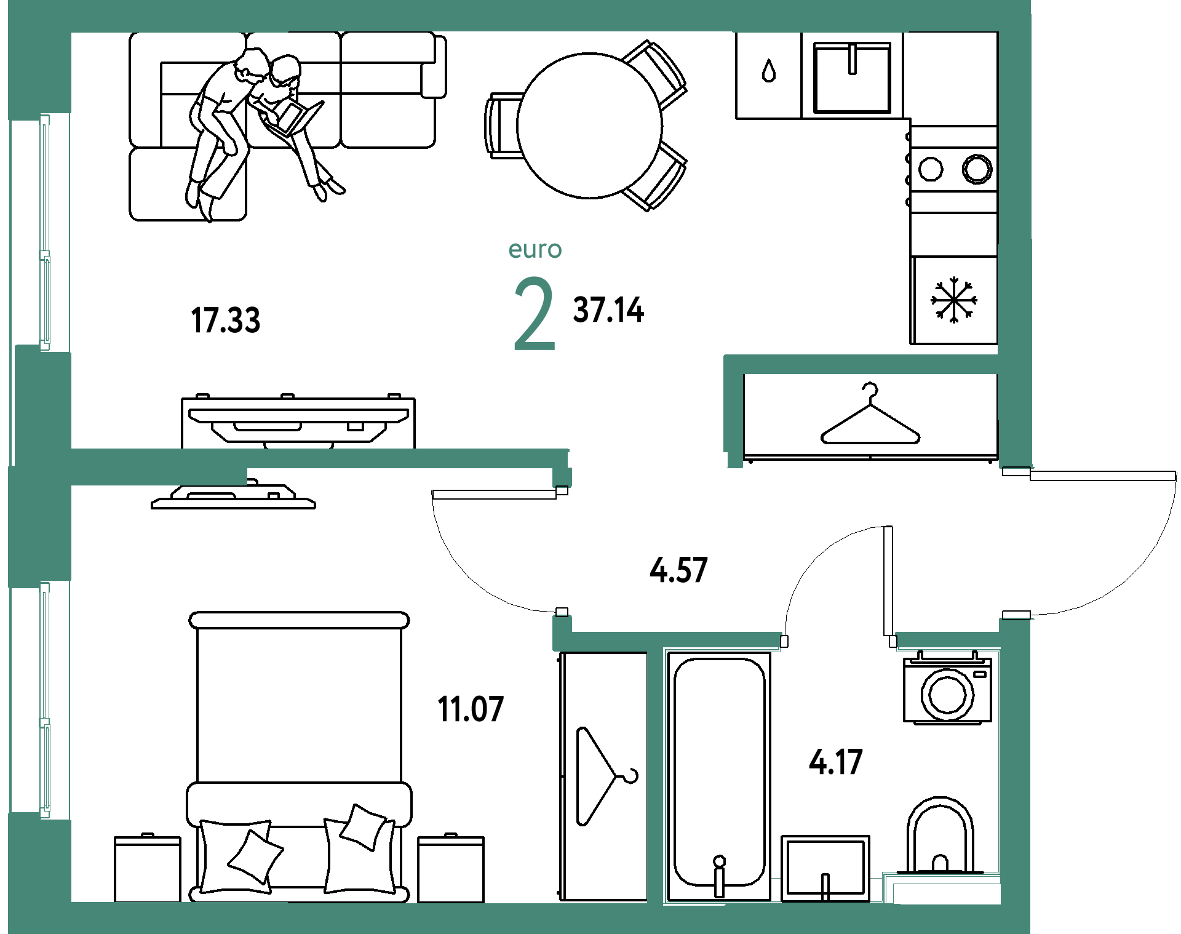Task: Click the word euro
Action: (x=535, y=250)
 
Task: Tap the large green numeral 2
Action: (x=534, y=314)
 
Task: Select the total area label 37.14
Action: (x=608, y=309)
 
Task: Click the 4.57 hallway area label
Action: (x=679, y=570)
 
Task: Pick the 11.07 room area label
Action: (x=471, y=709)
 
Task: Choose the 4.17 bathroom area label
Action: (x=836, y=762)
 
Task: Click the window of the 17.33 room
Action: (x=44, y=233)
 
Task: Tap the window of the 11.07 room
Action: (x=44, y=699)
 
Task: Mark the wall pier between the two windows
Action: (x=41, y=468)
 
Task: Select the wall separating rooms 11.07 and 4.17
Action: (x=655, y=775)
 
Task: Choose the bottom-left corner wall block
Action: (x=39, y=874)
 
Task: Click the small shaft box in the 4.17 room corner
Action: (x=944, y=893)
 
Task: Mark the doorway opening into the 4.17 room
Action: (x=838, y=641)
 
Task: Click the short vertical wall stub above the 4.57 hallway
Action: (x=733, y=409)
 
